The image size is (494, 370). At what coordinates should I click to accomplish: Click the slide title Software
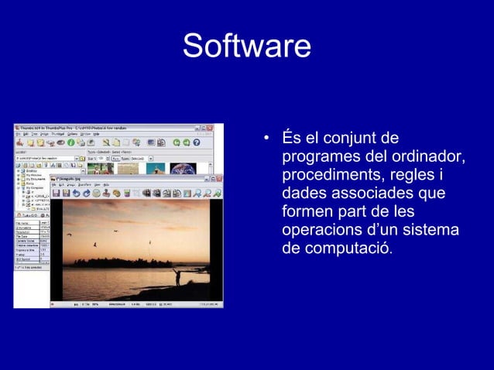pos(246,46)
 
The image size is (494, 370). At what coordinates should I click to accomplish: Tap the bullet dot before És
pos(266,141)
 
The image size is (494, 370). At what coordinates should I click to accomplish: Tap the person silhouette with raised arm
pos(177,275)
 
